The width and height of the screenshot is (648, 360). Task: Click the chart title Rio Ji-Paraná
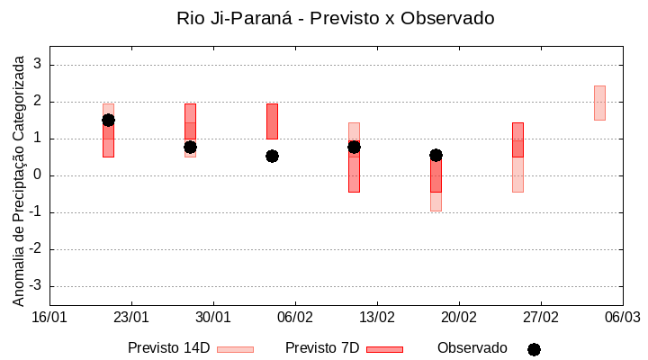coord(335,18)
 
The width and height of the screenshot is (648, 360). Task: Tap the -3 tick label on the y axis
coord(36,286)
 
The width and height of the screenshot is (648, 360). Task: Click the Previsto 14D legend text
coord(168,348)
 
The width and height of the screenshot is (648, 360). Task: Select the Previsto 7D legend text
coord(322,348)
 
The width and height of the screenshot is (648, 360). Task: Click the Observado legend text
coord(472,348)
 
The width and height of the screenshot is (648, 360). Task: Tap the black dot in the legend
coord(534,349)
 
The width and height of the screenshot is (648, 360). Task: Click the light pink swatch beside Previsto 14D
coord(235,349)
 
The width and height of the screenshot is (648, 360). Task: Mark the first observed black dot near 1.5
coord(108,120)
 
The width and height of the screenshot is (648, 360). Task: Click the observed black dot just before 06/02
coord(272,156)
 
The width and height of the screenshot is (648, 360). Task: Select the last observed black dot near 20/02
coord(436,155)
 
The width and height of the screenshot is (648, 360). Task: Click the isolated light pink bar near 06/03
coord(599,103)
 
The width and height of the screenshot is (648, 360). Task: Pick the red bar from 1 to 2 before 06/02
coord(272,121)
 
